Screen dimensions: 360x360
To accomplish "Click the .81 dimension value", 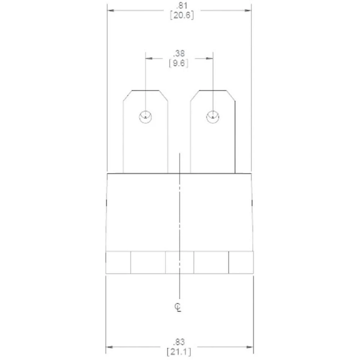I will coord(179,6).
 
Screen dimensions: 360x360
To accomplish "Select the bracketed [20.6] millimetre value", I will coord(179,15).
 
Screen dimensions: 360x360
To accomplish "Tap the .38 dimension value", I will coord(179,54).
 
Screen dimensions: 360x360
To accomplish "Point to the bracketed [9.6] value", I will coord(179,63).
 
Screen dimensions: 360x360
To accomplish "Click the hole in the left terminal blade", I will coord(145,117).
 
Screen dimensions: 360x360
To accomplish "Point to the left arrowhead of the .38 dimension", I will coord(148,58).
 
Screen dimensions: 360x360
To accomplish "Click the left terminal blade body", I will coord(145,144).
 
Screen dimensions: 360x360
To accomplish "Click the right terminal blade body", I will coord(212,144).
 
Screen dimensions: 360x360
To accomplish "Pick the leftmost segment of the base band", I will coord(118,262).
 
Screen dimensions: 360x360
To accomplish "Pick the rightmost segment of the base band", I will coord(241,262).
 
